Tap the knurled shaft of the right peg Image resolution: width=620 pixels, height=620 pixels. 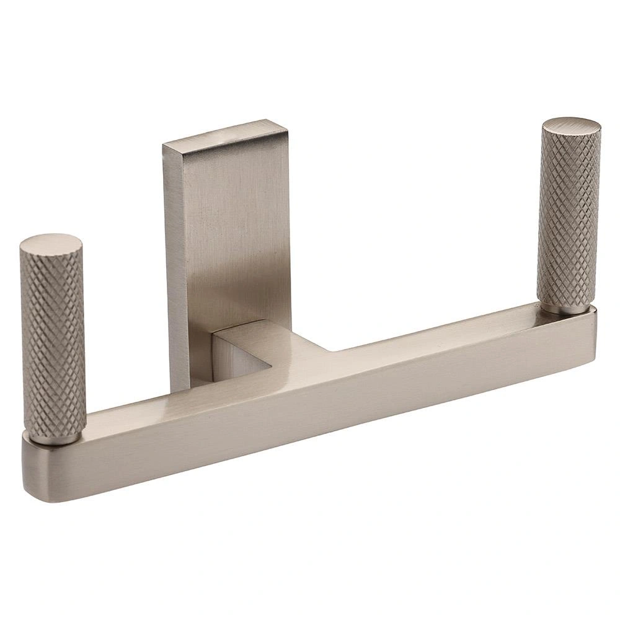tap(569, 217)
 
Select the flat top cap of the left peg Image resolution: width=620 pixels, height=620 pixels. tap(51, 244)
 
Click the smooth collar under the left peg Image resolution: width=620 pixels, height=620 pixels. tap(56, 438)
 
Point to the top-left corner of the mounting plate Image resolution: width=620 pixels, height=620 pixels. tap(164, 145)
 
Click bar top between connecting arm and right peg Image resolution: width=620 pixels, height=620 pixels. tap(434, 332)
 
